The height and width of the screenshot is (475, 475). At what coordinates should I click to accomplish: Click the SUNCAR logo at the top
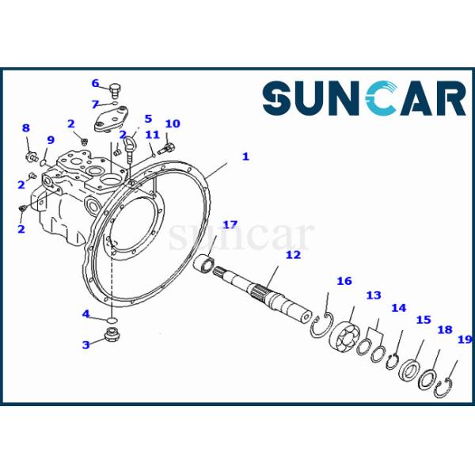coord(364,100)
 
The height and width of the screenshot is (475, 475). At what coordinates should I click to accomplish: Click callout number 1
coord(245,157)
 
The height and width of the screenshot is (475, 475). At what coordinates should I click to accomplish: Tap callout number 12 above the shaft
coord(293,255)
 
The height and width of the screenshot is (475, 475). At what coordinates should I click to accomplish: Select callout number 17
coord(230,225)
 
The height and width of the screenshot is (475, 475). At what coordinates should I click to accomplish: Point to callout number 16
coord(344,281)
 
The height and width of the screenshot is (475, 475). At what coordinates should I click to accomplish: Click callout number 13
coord(373,295)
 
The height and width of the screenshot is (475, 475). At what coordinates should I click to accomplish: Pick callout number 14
coord(398,308)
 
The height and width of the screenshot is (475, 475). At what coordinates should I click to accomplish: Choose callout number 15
coord(424,320)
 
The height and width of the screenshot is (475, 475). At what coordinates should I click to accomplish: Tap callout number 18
coord(445,329)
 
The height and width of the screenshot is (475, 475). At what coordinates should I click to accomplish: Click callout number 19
coord(465,340)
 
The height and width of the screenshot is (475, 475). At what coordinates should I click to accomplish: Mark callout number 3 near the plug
coord(86,345)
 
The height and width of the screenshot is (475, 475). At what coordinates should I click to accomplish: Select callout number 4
coord(86,313)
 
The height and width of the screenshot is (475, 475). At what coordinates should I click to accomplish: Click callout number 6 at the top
coord(95,83)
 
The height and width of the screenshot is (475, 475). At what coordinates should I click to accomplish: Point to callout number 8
coord(25,128)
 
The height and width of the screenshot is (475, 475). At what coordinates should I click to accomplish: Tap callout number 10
coord(173,123)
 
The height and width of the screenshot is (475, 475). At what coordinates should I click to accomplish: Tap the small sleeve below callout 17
coord(207,262)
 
